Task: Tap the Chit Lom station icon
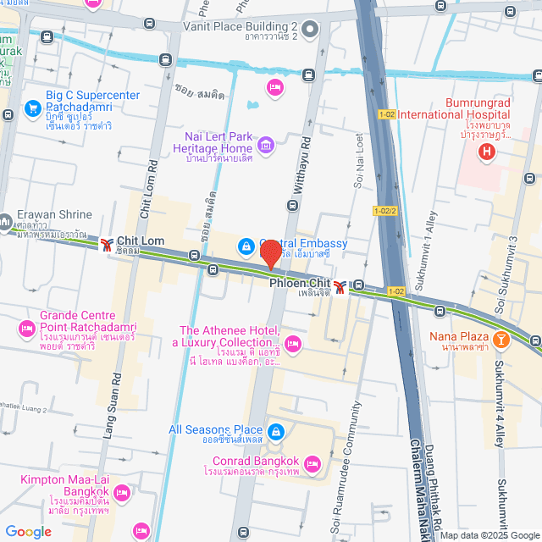click(106, 245)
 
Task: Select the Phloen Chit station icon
click(340, 287)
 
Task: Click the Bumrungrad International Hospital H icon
click(486, 152)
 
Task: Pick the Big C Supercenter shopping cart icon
click(32, 108)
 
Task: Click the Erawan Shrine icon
click(5, 223)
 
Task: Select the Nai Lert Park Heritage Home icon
click(266, 146)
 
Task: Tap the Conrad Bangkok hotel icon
click(312, 463)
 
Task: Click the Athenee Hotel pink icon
click(293, 343)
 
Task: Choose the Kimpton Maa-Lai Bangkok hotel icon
click(121, 492)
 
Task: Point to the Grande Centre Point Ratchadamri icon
click(26, 327)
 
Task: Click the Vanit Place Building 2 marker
click(310, 33)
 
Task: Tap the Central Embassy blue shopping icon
click(245, 246)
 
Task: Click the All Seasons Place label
click(215, 430)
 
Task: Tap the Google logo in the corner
click(28, 531)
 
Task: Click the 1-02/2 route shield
click(384, 211)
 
